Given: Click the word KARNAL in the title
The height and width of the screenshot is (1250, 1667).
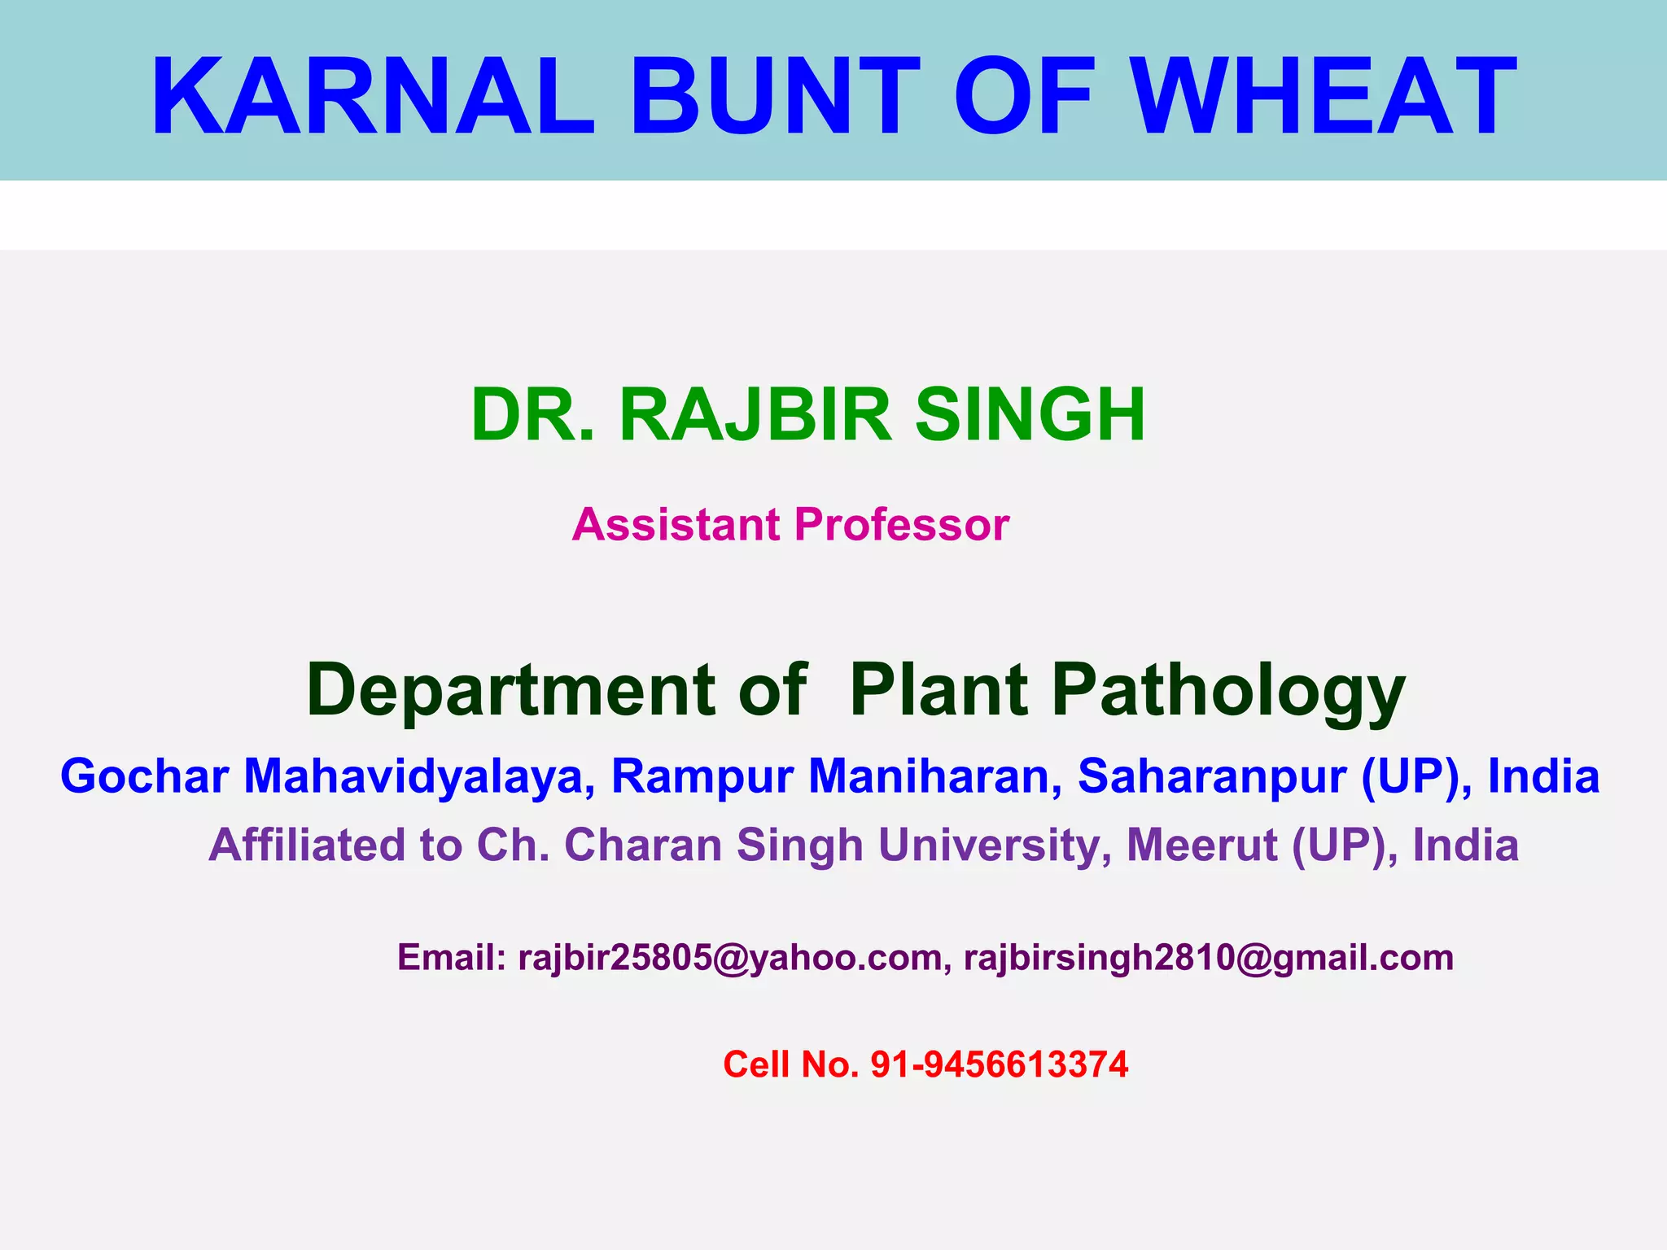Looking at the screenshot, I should click(x=373, y=96).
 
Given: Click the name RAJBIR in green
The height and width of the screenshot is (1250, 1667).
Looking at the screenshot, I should click(x=755, y=415).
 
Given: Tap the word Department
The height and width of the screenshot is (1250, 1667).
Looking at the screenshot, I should click(x=511, y=690).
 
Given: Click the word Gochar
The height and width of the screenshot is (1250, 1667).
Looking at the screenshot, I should click(x=144, y=776).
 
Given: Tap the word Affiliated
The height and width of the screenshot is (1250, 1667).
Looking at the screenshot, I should click(x=307, y=845).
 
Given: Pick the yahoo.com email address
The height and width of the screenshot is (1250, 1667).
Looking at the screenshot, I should click(x=729, y=958).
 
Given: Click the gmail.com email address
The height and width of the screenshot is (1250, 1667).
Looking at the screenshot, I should click(x=1208, y=958).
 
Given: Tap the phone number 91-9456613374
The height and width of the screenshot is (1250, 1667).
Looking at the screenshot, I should click(x=1000, y=1064).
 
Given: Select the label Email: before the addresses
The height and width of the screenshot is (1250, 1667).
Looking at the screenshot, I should click(x=452, y=958).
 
